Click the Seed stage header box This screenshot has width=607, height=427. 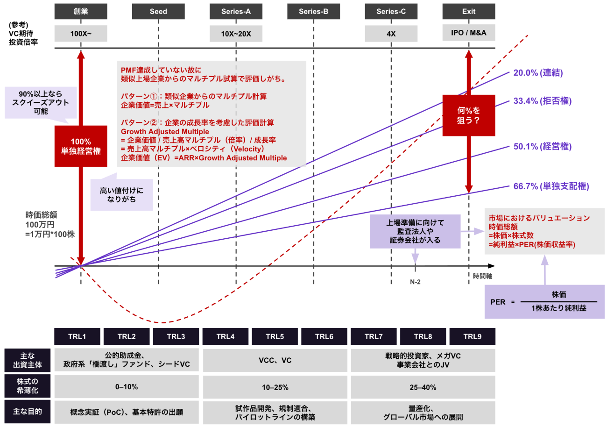click(x=158, y=11)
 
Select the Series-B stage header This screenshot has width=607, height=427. click(x=313, y=11)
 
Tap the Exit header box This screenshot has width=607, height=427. click(x=468, y=11)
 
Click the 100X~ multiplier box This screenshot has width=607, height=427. click(x=81, y=33)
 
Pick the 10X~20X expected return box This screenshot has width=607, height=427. click(x=236, y=33)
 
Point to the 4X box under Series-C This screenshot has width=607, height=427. click(x=391, y=33)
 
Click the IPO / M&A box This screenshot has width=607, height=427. click(x=468, y=33)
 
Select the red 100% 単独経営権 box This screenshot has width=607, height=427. click(x=81, y=146)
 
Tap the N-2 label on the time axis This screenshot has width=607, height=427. click(x=415, y=282)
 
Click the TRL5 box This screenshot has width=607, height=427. click(x=275, y=336)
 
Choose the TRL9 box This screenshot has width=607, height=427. click(x=472, y=336)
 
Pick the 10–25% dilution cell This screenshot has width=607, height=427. click(x=275, y=387)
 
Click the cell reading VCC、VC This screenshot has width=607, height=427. click(x=275, y=360)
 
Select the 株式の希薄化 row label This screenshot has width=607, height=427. click(x=28, y=387)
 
